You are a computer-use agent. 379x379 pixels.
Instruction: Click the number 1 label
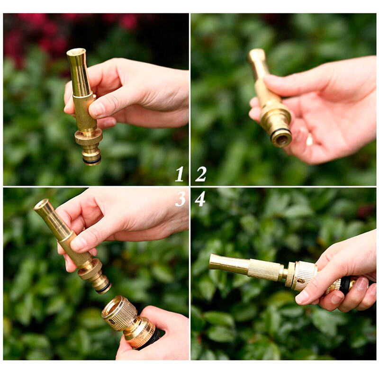coord(180,174)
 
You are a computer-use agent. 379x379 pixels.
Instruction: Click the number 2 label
coord(200,174)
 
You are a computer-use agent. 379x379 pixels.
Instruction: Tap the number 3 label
coord(180,199)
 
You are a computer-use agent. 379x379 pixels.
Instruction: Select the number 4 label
coord(200,199)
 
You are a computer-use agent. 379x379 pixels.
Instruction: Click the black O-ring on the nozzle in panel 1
coord(92,161)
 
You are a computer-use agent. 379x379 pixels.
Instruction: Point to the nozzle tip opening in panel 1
coord(76,51)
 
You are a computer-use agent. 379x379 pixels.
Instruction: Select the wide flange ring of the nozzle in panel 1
coord(89,138)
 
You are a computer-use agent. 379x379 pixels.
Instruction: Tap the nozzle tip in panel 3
coord(41,205)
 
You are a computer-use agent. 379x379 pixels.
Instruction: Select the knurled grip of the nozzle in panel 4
coord(265,270)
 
